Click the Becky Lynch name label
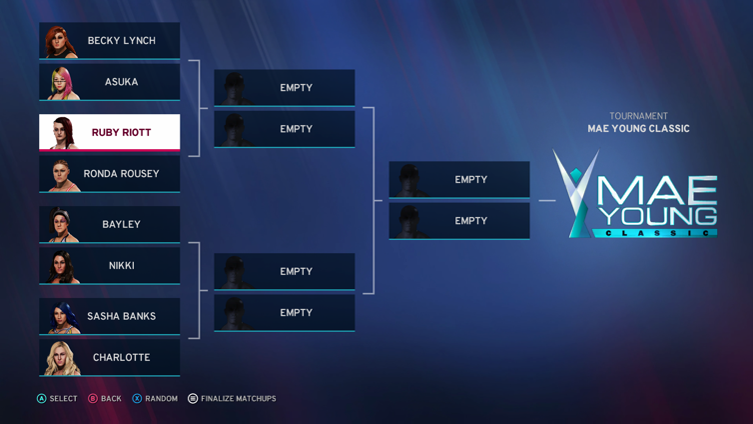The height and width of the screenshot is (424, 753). pyautogui.click(x=121, y=41)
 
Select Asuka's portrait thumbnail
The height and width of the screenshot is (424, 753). pyautogui.click(x=60, y=83)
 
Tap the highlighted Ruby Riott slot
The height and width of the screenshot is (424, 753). pyautogui.click(x=110, y=132)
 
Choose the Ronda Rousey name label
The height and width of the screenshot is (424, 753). pyautogui.click(x=121, y=174)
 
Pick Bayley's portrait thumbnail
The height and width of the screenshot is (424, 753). pyautogui.click(x=60, y=225)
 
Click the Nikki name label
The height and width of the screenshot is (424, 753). pyautogui.click(x=121, y=266)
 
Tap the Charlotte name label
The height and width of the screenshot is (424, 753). pyautogui.click(x=121, y=358)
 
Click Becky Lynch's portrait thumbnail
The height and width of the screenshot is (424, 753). pyautogui.click(x=60, y=42)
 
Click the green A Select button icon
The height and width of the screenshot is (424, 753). pyautogui.click(x=41, y=399)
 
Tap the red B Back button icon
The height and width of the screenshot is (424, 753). pyautogui.click(x=92, y=399)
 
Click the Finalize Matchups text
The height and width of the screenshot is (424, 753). pyautogui.click(x=238, y=399)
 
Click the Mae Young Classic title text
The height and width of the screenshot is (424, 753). pyautogui.click(x=638, y=129)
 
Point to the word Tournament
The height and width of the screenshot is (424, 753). pyautogui.click(x=638, y=116)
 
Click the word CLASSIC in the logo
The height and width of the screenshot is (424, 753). pyautogui.click(x=655, y=233)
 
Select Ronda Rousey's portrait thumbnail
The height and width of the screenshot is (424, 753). pyautogui.click(x=60, y=175)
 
